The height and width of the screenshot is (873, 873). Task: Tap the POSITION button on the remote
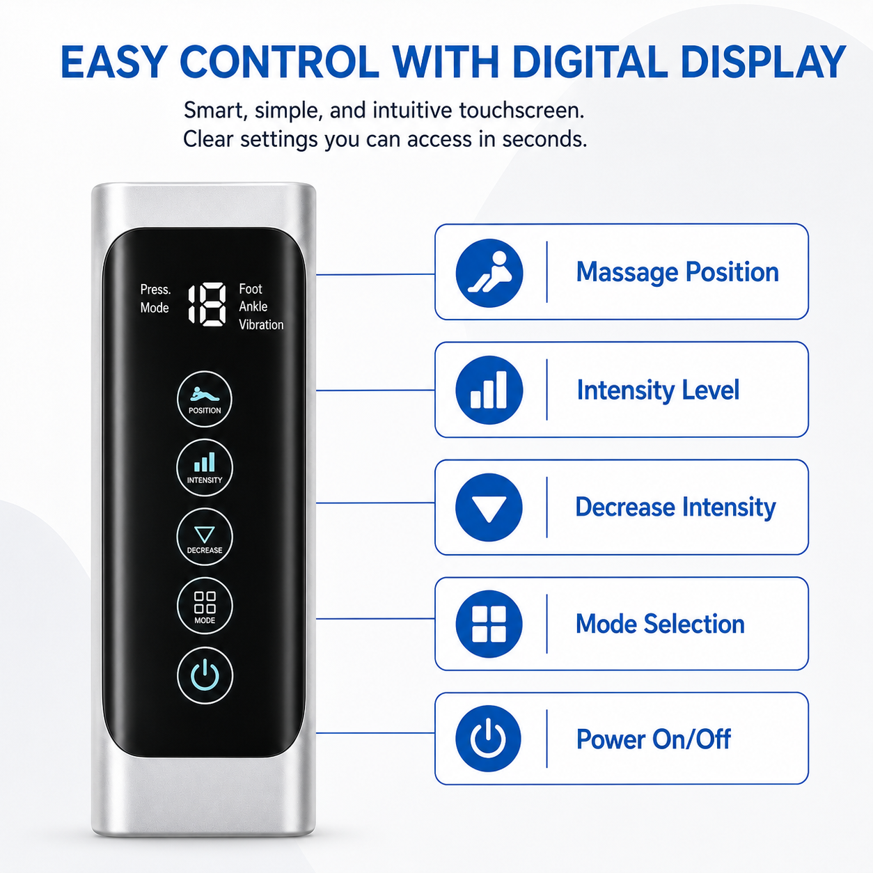204,399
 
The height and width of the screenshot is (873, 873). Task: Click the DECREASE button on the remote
204,537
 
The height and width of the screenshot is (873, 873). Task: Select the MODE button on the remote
204,606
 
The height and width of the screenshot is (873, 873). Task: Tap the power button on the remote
205,675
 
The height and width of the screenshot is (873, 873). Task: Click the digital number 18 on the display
207,304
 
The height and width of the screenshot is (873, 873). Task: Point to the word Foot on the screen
251,289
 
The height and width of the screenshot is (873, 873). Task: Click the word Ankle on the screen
253,306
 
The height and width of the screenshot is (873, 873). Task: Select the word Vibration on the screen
261,324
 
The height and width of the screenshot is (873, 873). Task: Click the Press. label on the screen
155,290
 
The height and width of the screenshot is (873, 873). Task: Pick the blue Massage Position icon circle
489,273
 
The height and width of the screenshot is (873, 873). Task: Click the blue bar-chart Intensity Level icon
489,390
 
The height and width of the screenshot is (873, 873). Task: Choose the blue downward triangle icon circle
489,508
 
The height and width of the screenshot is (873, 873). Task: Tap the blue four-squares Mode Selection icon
489,624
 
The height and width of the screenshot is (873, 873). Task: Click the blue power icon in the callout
489,739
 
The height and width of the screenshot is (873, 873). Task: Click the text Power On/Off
653,739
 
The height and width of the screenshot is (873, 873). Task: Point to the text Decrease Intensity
675,507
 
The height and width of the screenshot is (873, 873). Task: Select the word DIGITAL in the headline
591,62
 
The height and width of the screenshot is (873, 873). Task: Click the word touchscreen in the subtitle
521,111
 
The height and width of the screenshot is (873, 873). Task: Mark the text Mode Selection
660,624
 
